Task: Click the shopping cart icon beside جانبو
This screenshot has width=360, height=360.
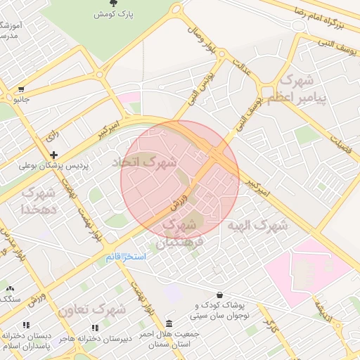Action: tap(22, 89)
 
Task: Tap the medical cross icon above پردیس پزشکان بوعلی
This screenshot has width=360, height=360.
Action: tap(53, 155)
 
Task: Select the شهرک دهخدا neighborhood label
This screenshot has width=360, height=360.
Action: tap(39, 200)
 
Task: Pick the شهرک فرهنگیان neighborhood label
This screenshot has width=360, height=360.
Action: tap(181, 234)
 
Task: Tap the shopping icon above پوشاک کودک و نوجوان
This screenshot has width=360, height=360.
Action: tap(221, 295)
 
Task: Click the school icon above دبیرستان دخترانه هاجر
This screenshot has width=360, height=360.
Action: tap(94, 327)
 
